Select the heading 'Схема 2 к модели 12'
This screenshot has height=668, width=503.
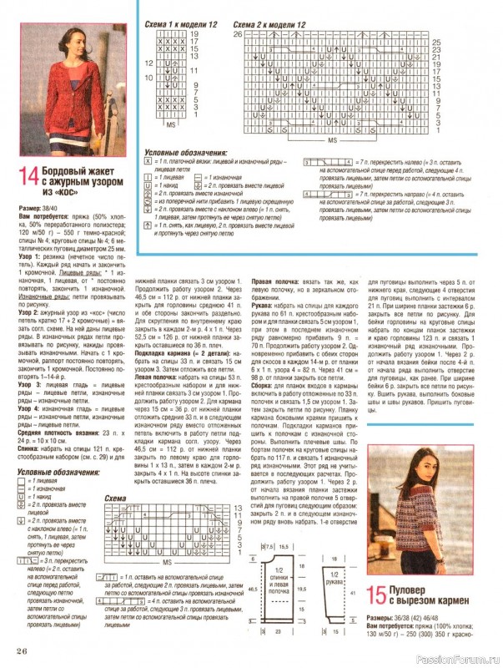tap(269, 26)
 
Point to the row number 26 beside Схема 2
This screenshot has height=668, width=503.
tap(237, 34)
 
